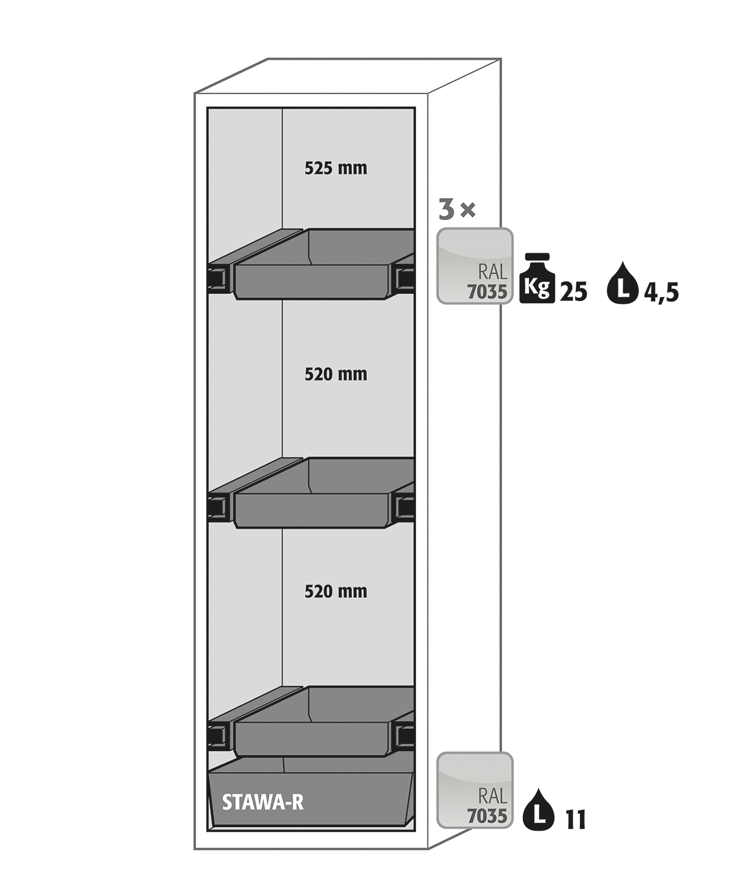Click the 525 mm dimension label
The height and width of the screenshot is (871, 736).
336,168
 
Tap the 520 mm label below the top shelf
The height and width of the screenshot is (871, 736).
336,374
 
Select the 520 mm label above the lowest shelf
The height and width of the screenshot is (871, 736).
336,592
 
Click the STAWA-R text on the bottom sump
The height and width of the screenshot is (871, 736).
263,802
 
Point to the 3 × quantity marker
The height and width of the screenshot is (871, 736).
457,209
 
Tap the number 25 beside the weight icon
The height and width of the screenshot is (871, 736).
573,291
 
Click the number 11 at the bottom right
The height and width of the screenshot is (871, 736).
576,820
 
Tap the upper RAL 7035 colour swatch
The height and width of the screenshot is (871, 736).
475,266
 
